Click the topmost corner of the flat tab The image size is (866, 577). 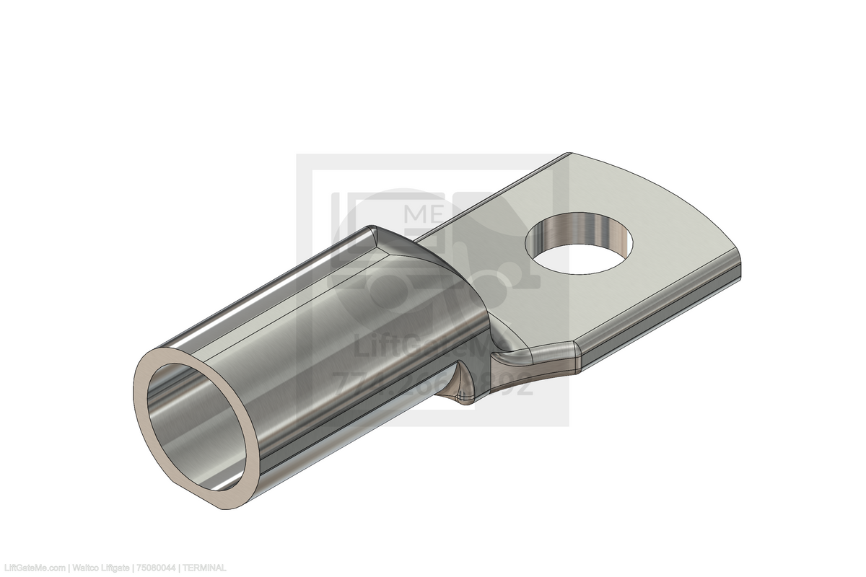[x=570, y=154]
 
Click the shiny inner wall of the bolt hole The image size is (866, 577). [x=577, y=227]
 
